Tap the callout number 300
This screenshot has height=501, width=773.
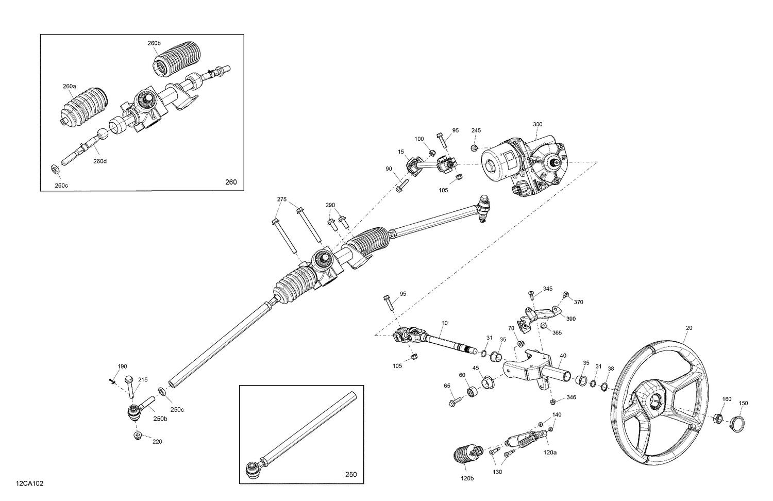point(537,125)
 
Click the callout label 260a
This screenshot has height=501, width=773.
point(70,86)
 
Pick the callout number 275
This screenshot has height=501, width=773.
point(282,199)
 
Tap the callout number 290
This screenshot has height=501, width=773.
point(330,205)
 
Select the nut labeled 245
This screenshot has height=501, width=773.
point(474,148)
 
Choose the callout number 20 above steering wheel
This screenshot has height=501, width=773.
point(689,328)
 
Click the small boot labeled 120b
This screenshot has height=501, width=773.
point(464,454)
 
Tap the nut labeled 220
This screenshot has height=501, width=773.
point(137,436)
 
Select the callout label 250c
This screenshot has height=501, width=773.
point(177,410)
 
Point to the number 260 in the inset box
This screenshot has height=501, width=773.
point(231,182)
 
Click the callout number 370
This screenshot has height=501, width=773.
point(578,302)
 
